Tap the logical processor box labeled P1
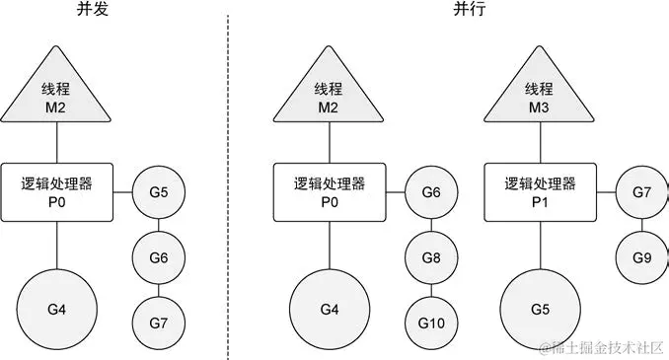pos(539,191)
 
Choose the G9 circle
pos(640,256)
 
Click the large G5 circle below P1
pos(539,308)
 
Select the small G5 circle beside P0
pos(161,192)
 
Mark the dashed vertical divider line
pos(229,178)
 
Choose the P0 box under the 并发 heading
pos(56,191)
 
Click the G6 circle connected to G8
pos(431,192)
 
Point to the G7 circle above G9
pos(640,192)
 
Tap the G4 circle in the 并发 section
pos(56,308)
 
